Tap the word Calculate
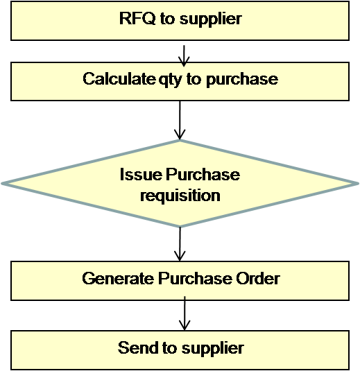[114, 79]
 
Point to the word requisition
[180, 196]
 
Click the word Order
[257, 279]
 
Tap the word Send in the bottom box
[133, 347]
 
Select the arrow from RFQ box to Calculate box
[184, 53]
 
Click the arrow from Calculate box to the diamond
[180, 121]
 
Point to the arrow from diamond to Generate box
[180, 243]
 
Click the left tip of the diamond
[3, 184]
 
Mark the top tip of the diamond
[180, 142]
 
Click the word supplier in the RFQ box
[210, 19]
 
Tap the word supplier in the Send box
[211, 347]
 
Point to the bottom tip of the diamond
[180, 225]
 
